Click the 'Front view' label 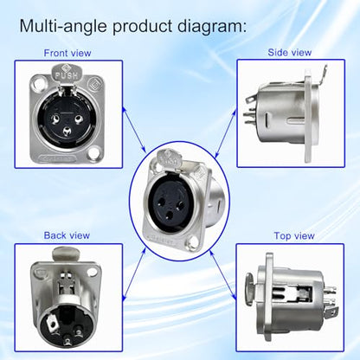pos(67,53)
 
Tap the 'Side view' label pos(290,53)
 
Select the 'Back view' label pos(67,235)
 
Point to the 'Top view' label pos(294,236)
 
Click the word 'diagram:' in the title pos(212,26)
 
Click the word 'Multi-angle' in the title pos(63,26)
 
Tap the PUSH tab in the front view pos(67,73)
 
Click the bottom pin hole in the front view pos(67,132)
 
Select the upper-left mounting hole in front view pos(39,84)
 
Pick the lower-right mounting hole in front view pos(94,153)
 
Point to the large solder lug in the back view pos(53,325)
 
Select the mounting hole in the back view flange pos(92,272)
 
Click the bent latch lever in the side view pos(316,75)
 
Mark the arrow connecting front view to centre pos(134,130)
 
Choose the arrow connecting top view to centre pos(222,275)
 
